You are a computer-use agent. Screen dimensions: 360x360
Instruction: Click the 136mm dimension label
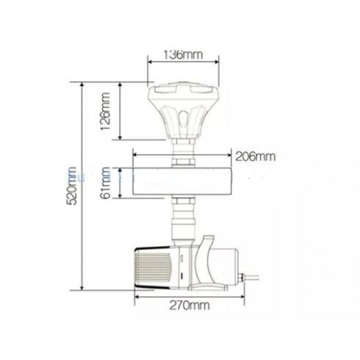(x=183, y=55)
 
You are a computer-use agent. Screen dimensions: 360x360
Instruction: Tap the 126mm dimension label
(x=106, y=112)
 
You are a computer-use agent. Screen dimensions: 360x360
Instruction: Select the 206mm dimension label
(x=256, y=156)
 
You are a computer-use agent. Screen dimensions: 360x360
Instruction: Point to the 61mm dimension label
(x=106, y=183)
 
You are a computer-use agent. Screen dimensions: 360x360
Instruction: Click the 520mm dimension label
(x=73, y=186)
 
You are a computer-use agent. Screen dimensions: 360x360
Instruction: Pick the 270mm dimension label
(x=190, y=306)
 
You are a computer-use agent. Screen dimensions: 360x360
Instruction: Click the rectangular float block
(x=181, y=181)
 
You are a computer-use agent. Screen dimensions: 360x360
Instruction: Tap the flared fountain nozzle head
(x=183, y=110)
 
